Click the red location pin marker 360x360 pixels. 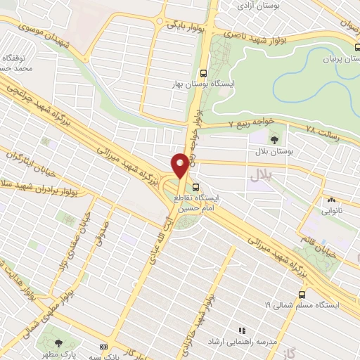coord(180,165)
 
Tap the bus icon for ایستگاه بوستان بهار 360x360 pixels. coord(203,73)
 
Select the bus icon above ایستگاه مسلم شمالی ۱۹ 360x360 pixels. coord(302,294)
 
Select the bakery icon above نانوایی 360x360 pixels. coord(330,199)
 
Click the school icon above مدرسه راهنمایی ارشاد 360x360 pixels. coord(243,329)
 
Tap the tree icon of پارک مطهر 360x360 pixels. coord(59,343)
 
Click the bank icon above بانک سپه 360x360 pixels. coord(104,347)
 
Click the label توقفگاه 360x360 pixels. coord(17,58)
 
